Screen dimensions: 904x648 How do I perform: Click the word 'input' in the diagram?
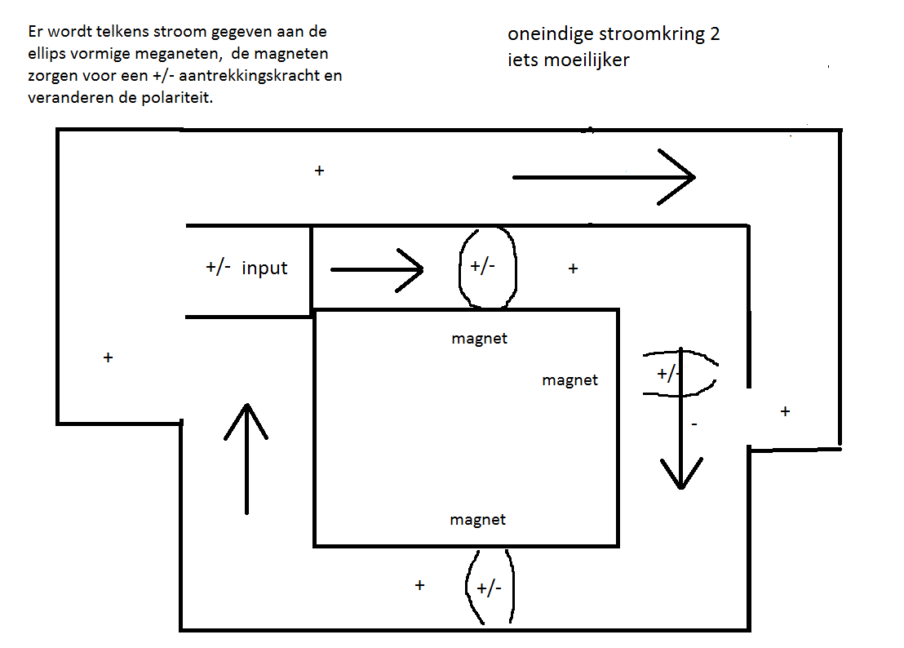[x=264, y=268]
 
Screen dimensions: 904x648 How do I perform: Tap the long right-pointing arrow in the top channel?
[x=604, y=177]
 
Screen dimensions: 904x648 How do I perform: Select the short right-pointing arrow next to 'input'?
[x=377, y=270]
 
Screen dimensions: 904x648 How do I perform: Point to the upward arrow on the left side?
[x=246, y=459]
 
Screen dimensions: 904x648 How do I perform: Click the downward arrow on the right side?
[x=681, y=418]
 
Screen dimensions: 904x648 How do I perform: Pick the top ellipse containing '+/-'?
[x=488, y=267]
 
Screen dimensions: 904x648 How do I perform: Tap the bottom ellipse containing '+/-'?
[x=490, y=587]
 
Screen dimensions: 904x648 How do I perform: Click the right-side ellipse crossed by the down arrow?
[x=680, y=373]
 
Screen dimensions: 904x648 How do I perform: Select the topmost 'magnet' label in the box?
[x=479, y=339]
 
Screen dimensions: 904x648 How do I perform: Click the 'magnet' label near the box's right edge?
[x=569, y=380]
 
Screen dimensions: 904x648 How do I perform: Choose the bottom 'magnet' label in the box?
[x=477, y=520]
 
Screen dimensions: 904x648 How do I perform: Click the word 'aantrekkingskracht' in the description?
[x=249, y=76]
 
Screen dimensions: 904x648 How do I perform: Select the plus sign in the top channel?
[x=319, y=171]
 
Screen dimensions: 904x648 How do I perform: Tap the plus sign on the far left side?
[x=108, y=358]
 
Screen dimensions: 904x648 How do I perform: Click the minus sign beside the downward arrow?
[x=694, y=424]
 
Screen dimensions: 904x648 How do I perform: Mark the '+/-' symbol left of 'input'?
[x=219, y=268]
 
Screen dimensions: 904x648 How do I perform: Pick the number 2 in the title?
[x=715, y=34]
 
